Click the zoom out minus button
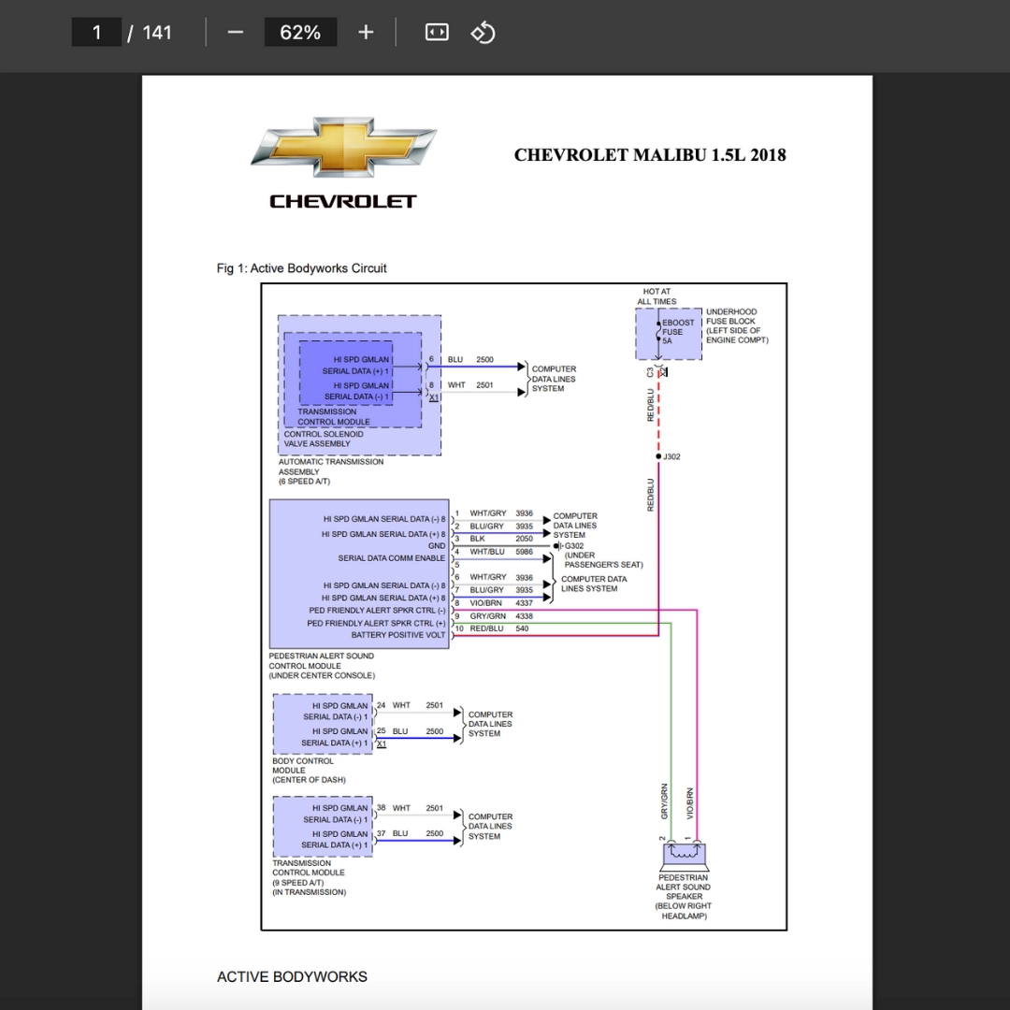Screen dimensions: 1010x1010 pyautogui.click(x=236, y=33)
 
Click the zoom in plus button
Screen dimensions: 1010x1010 pyautogui.click(x=366, y=33)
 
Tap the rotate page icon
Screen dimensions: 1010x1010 pyautogui.click(x=483, y=33)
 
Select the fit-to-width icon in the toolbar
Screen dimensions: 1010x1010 pyautogui.click(x=437, y=33)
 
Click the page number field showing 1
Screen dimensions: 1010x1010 pyautogui.click(x=96, y=33)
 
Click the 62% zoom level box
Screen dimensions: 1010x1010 pyautogui.click(x=300, y=33)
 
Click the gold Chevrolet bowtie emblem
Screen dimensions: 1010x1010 pyautogui.click(x=343, y=148)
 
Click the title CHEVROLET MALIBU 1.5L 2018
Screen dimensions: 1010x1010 pyautogui.click(x=650, y=155)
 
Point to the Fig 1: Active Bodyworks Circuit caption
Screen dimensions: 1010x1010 pyautogui.click(x=301, y=268)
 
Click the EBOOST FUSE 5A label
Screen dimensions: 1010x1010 pyautogui.click(x=677, y=332)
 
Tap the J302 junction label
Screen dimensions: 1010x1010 pyautogui.click(x=671, y=457)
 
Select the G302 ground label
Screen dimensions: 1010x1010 pyautogui.click(x=573, y=546)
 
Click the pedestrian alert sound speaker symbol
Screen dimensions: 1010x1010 pyautogui.click(x=684, y=854)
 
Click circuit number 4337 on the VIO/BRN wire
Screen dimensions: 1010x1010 pyautogui.click(x=524, y=603)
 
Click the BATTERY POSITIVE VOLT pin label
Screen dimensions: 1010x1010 pyautogui.click(x=398, y=635)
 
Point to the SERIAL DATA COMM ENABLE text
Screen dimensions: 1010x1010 pyautogui.click(x=391, y=558)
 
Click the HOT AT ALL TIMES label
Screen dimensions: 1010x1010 pyautogui.click(x=656, y=296)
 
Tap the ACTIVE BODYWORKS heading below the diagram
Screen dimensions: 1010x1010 pyautogui.click(x=292, y=977)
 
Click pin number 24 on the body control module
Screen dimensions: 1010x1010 pyautogui.click(x=382, y=705)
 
